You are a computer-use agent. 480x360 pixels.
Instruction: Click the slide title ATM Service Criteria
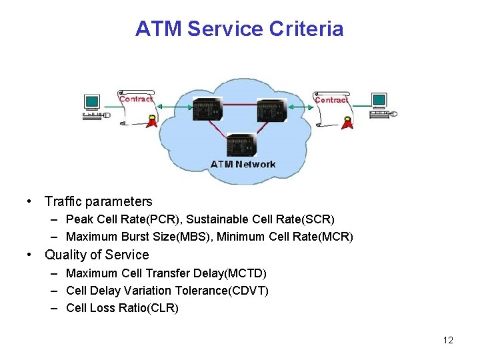pos(239,29)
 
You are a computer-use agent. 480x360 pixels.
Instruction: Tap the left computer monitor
pos(92,102)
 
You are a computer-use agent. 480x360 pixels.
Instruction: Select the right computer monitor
pos(379,101)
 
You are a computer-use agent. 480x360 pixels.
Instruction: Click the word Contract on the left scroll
pos(136,99)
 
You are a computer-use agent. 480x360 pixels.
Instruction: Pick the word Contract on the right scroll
pos(331,100)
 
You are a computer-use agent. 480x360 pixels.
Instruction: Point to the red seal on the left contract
pos(153,121)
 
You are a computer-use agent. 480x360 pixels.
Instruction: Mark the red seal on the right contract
pos(347,121)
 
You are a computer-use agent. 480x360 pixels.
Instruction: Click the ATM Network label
pos(243,164)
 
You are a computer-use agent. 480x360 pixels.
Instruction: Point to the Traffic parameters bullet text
pos(99,201)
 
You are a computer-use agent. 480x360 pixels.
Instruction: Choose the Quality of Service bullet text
pos(97,255)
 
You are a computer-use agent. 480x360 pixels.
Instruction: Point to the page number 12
pos(447,340)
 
